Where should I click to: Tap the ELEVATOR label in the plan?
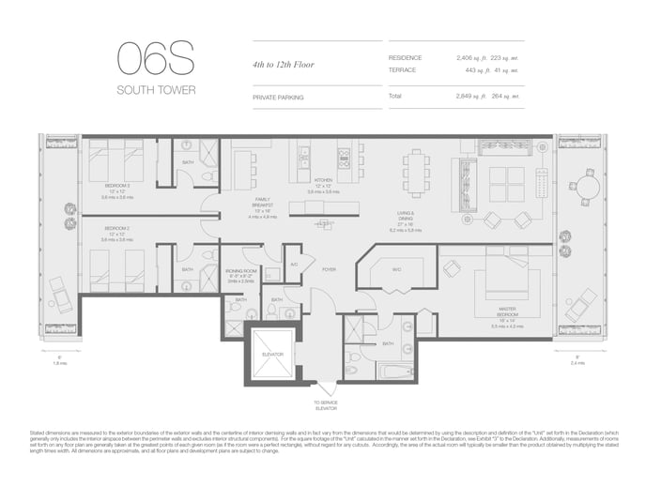point(271,353)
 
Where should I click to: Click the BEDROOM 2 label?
point(118,232)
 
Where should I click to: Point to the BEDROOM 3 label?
point(118,187)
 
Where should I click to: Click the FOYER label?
point(329,270)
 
